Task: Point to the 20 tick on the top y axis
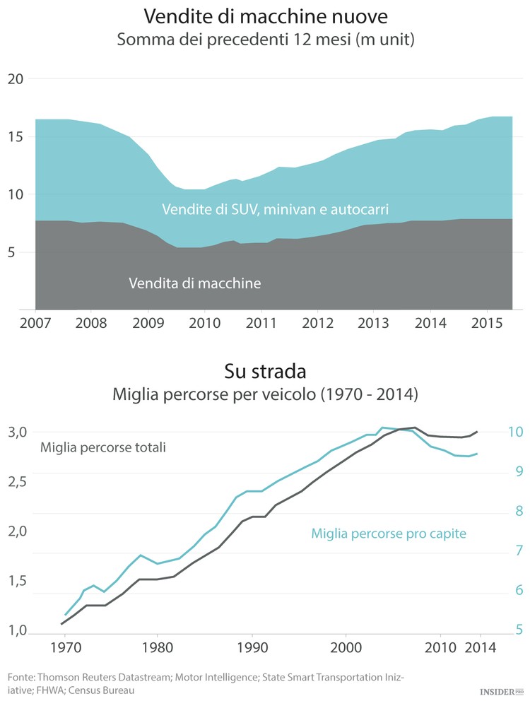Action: point(16,79)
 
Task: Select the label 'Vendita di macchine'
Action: point(195,283)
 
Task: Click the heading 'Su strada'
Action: point(265,370)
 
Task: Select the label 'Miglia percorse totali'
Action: point(103,447)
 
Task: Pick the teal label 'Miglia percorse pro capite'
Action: point(389,534)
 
